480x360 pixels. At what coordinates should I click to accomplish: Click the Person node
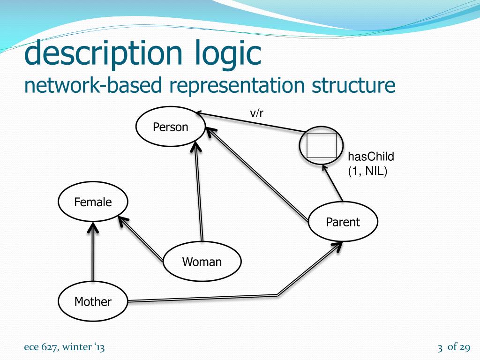pyautogui.click(x=171, y=127)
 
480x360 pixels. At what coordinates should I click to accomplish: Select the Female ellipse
pyautogui.click(x=93, y=202)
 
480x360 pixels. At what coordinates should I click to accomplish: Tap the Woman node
pyautogui.click(x=202, y=262)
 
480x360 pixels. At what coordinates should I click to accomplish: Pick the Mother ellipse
pyautogui.click(x=93, y=302)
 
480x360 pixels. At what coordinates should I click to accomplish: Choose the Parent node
pyautogui.click(x=343, y=222)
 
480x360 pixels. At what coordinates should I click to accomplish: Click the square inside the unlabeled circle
pyautogui.click(x=322, y=145)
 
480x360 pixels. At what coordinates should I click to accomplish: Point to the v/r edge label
pyautogui.click(x=256, y=112)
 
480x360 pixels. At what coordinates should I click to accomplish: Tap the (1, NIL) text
pyautogui.click(x=367, y=172)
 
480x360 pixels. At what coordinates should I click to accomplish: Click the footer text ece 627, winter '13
pyautogui.click(x=65, y=347)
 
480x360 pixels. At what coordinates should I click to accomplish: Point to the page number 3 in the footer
pyautogui.click(x=440, y=348)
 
